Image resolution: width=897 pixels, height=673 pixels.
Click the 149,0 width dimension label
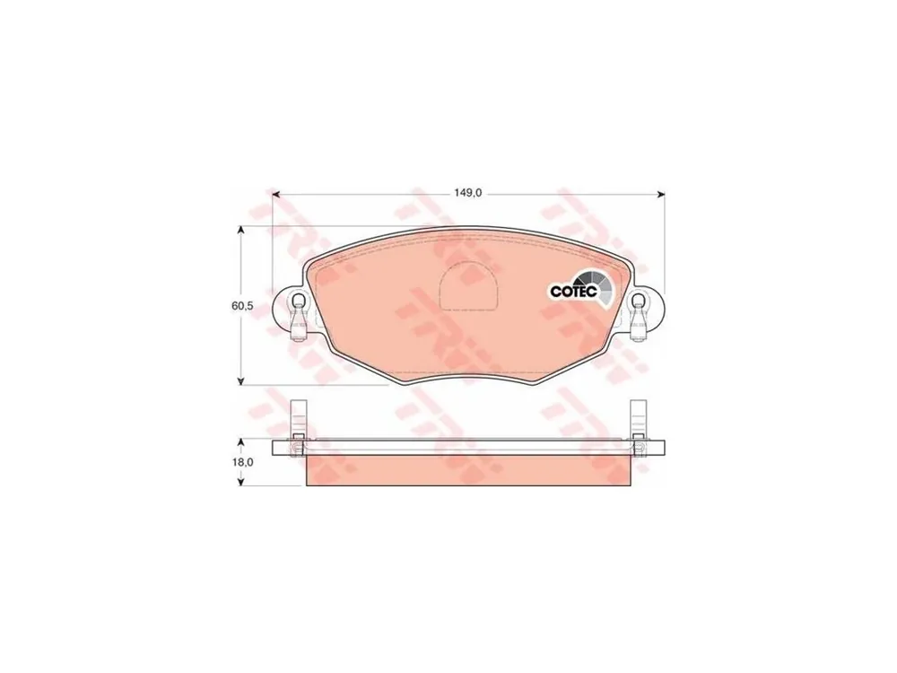click(468, 194)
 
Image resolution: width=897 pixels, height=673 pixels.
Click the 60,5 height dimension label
click(242, 306)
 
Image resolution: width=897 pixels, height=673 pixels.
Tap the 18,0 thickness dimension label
click(242, 462)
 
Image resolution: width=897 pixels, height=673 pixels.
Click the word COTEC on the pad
click(573, 291)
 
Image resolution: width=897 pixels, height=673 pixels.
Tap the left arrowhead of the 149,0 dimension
click(275, 195)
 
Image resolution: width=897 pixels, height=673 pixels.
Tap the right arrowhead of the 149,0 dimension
click(661, 195)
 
